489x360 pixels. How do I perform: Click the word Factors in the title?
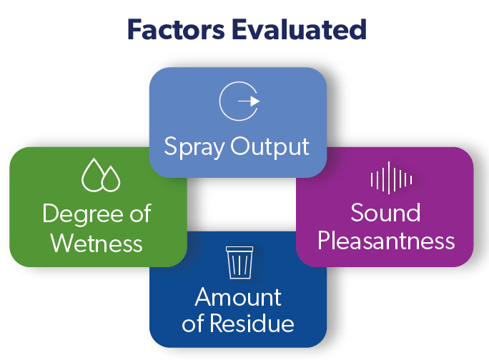(176, 29)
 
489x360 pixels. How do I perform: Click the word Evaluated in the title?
(299, 29)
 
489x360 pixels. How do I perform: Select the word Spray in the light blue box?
(194, 147)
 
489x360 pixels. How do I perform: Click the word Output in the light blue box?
(270, 146)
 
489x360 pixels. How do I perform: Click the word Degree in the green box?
(83, 215)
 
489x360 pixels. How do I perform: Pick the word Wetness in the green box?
(97, 243)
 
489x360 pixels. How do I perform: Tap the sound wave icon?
(391, 178)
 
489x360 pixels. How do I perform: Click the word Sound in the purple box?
(385, 213)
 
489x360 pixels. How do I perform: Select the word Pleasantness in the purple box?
(386, 241)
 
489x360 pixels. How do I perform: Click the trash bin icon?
(239, 262)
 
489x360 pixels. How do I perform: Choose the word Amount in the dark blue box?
(238, 297)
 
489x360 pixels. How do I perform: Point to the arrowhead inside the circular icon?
(255, 101)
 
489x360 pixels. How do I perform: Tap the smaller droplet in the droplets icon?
(111, 180)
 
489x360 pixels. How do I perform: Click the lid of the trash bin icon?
(239, 249)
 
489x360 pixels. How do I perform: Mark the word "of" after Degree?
(140, 213)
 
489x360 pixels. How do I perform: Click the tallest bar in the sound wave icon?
(389, 178)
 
